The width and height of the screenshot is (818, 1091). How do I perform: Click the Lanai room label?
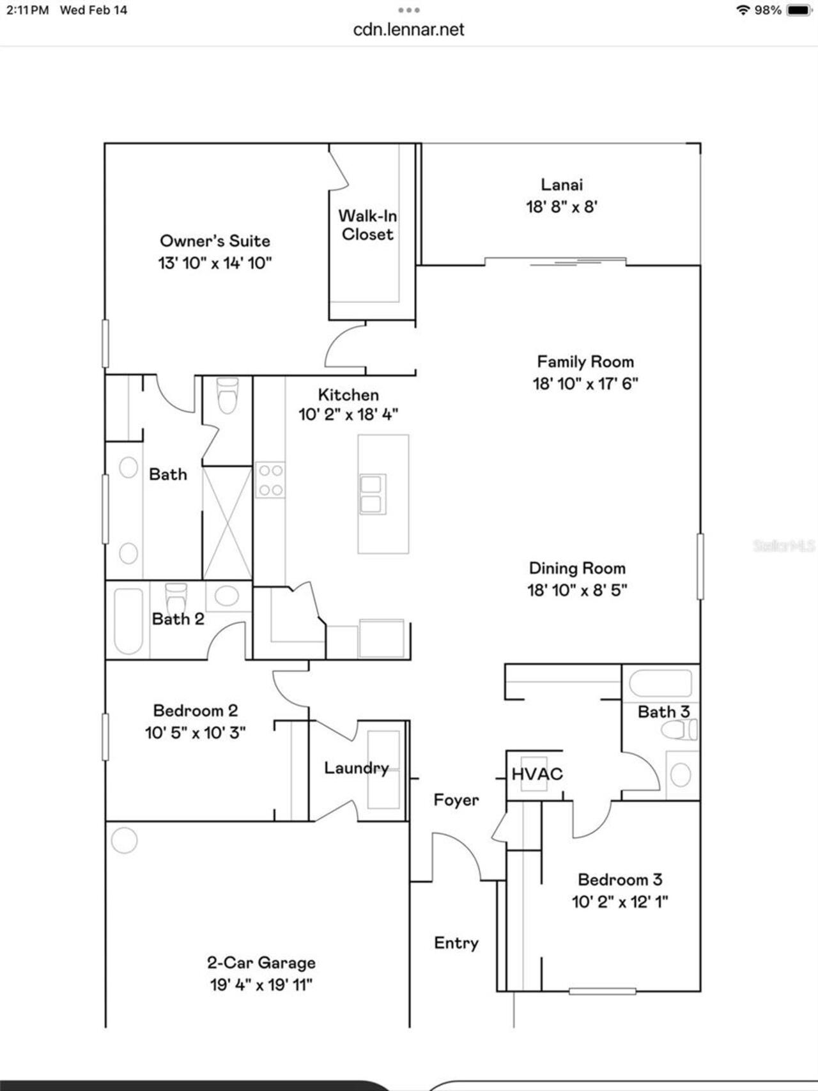point(562,185)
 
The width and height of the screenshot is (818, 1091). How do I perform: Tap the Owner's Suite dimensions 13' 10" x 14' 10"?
point(215,263)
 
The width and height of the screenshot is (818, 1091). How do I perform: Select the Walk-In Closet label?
point(367,225)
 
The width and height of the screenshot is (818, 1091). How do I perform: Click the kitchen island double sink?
point(373,494)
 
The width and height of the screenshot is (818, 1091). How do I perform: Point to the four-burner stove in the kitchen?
point(270,480)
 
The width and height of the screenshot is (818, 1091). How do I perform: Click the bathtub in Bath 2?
point(128,620)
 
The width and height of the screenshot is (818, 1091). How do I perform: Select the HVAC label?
point(537,774)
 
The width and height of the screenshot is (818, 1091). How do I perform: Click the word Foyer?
point(456,800)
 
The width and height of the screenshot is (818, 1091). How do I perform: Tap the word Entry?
point(456,943)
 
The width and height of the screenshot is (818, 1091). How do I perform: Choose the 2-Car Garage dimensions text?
point(261,985)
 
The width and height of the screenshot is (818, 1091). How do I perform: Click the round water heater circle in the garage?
point(124,840)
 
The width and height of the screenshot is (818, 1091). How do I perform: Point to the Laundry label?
point(356,768)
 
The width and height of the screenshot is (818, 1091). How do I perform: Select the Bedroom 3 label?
point(619,879)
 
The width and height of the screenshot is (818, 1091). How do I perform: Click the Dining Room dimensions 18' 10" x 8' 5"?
point(576,590)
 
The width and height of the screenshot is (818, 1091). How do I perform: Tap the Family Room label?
point(585,362)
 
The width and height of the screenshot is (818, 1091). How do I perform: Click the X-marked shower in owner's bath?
point(228,523)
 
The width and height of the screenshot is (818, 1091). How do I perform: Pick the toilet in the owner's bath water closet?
point(228,396)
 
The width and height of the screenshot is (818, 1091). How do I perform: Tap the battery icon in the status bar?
point(798,10)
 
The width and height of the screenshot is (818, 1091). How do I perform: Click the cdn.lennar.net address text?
point(408,29)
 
